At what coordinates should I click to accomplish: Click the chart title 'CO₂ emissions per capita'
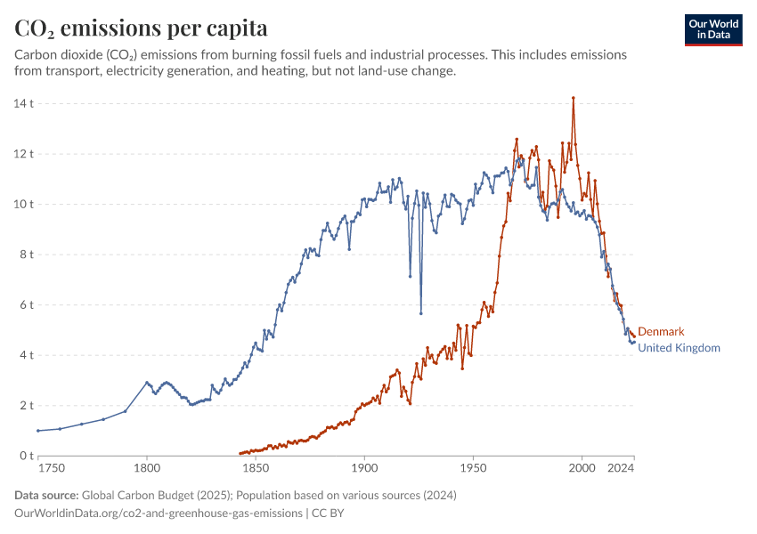(141, 28)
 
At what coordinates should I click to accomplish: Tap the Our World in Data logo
(713, 29)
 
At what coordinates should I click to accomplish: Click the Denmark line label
(661, 331)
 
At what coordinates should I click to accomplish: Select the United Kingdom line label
(679, 348)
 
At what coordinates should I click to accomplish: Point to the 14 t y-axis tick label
(23, 103)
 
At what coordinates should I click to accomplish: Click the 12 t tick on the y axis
(23, 154)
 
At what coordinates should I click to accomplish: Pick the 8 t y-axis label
(25, 255)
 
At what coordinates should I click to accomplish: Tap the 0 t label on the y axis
(25, 456)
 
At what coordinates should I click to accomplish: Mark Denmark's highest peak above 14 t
(573, 98)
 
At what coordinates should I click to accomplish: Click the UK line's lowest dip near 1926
(420, 313)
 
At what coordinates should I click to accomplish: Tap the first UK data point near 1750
(38, 431)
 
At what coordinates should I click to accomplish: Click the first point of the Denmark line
(240, 453)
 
